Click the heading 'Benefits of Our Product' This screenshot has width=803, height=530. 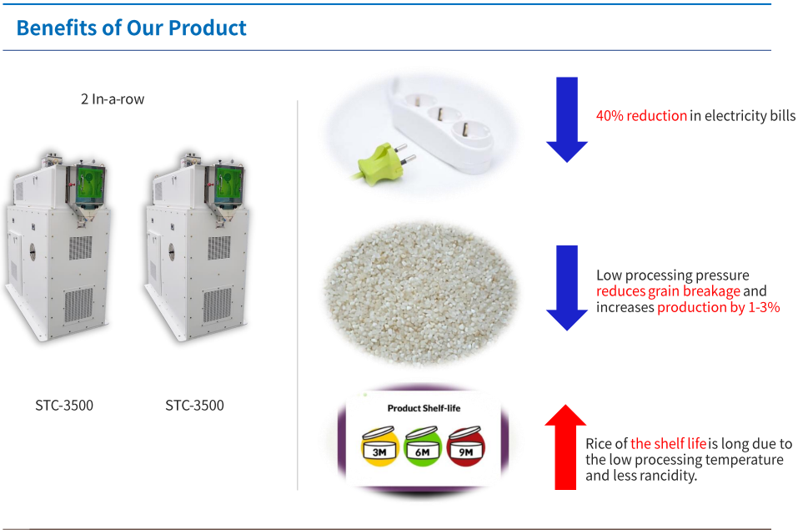tap(131, 28)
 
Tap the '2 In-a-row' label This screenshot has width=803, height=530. tap(113, 99)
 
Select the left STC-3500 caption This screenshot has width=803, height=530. tap(64, 406)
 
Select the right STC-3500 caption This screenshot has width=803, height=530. tap(194, 406)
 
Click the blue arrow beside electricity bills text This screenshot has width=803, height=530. tap(567, 119)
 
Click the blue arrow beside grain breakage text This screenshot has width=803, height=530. tap(567, 288)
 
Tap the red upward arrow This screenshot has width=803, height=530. tap(565, 447)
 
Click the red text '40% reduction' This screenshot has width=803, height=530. tap(641, 116)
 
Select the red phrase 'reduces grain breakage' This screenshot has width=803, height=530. tap(668, 291)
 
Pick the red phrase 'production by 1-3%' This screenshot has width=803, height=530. tap(719, 307)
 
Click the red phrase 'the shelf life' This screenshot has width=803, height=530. tap(668, 443)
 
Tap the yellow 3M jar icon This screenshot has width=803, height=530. tap(379, 446)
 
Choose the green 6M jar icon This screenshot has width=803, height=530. tap(423, 446)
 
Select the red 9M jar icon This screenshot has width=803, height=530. tap(465, 446)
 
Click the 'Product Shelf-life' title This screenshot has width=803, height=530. tap(424, 408)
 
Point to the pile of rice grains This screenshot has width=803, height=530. tap(421, 293)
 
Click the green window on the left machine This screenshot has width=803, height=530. tap(90, 184)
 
